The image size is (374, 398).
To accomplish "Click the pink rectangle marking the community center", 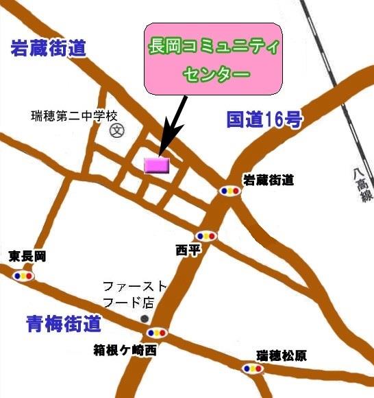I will (157, 165).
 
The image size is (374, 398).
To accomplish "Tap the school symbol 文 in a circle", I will (116, 130).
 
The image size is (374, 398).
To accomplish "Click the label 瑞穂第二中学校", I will (75, 115).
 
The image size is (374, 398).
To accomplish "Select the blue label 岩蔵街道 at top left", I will (48, 49).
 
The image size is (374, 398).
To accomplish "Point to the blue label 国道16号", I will (264, 120).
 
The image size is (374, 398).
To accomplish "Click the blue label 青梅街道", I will (64, 323).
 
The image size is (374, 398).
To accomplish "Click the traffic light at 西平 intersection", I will (205, 235).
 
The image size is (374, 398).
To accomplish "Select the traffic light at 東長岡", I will (24, 275).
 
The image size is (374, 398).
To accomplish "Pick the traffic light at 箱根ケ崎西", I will (157, 333).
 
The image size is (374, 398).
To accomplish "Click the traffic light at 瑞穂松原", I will (252, 368).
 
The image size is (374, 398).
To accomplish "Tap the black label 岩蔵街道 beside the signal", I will (269, 180).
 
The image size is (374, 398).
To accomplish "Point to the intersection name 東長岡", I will (27, 257).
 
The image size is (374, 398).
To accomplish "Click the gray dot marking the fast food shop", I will (144, 319).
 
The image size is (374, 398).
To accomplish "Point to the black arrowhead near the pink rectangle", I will (164, 146).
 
